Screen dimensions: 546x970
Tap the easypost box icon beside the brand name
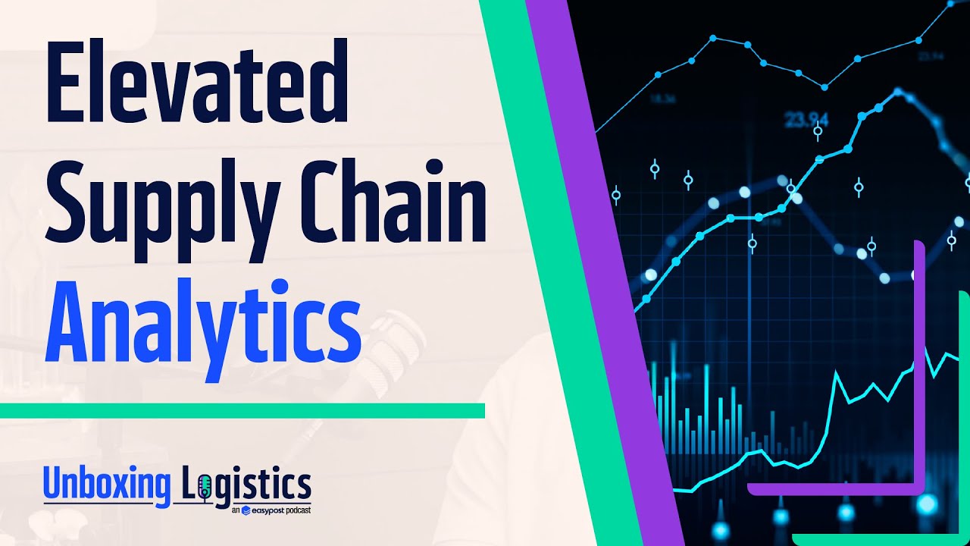(x=246, y=511)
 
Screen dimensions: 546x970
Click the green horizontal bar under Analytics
(x=242, y=410)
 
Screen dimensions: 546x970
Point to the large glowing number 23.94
(x=806, y=120)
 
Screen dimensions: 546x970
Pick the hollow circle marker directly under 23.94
(x=818, y=132)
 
